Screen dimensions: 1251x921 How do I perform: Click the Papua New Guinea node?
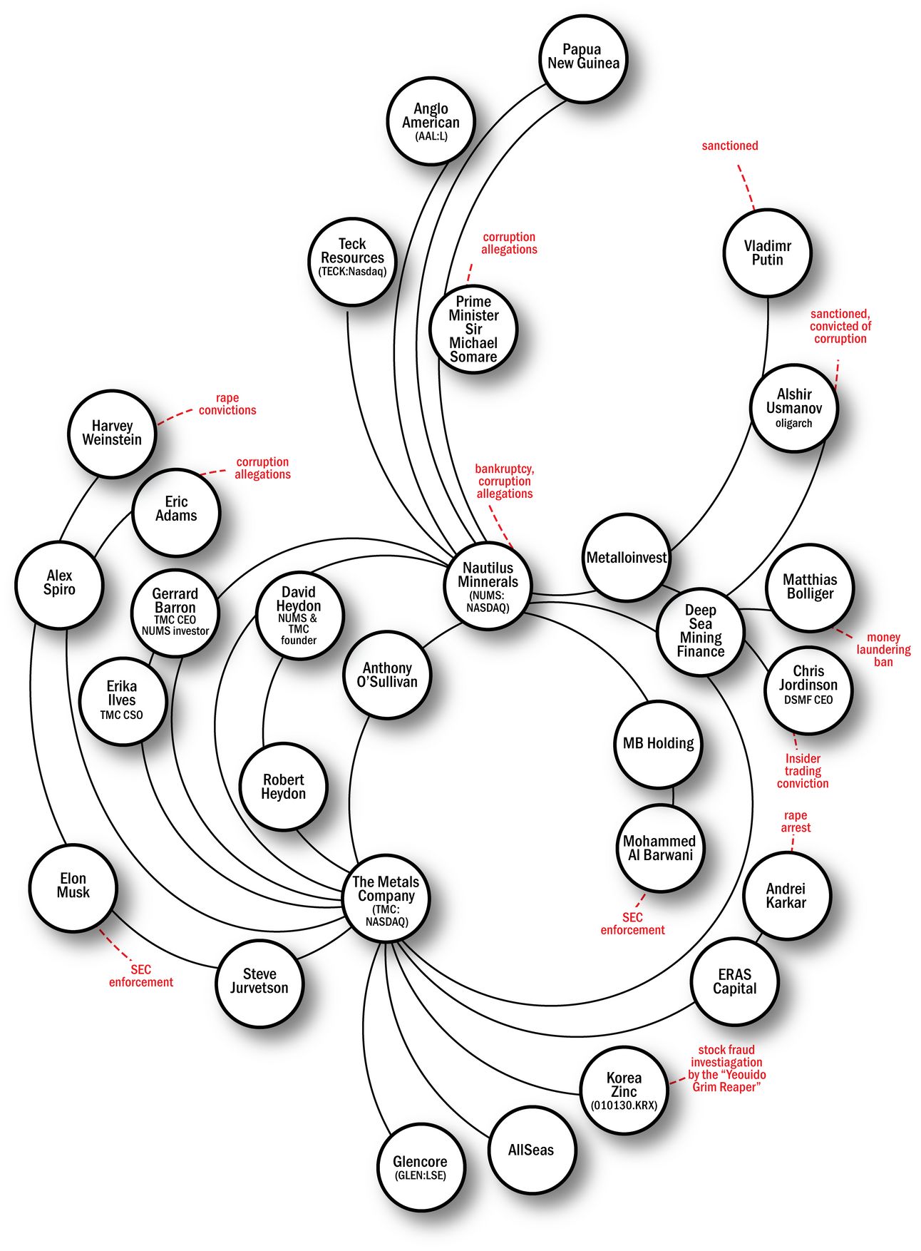click(582, 57)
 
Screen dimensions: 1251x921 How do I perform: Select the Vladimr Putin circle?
click(767, 252)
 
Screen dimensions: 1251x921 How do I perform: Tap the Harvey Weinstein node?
click(112, 433)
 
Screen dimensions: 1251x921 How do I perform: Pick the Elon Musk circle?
click(73, 886)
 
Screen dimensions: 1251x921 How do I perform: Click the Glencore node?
click(421, 1167)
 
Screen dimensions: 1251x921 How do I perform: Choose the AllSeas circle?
click(531, 1150)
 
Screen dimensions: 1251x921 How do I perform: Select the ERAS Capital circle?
click(734, 981)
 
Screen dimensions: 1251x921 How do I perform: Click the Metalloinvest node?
click(626, 558)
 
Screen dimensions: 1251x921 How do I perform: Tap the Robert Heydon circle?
click(283, 787)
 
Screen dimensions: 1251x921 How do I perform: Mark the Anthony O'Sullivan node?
click(387, 674)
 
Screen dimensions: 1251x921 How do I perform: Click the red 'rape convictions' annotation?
click(227, 404)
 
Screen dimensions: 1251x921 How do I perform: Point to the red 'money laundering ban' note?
click(883, 649)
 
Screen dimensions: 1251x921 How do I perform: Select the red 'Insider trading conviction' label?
click(803, 771)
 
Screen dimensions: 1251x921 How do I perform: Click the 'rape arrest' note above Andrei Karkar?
click(796, 822)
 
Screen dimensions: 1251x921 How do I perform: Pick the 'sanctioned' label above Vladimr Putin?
click(730, 146)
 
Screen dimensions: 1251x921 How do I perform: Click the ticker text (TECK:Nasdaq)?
click(352, 272)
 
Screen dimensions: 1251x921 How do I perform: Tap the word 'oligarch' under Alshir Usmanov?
click(793, 424)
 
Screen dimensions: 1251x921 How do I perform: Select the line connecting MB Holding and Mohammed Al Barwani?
click(673, 797)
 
